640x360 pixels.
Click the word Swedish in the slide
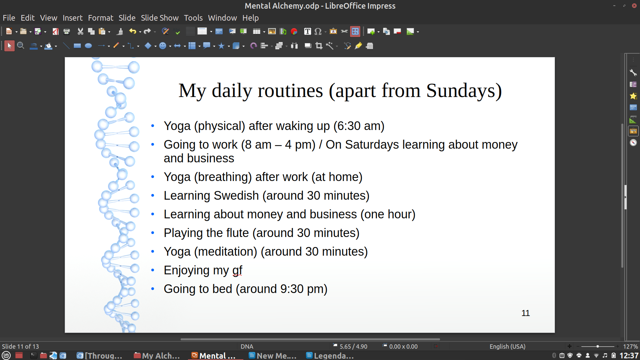pos(236,196)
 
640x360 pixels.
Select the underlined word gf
pos(237,271)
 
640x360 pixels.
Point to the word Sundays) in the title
pos(464,91)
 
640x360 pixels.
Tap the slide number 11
pos(526,313)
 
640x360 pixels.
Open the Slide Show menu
pos(160,18)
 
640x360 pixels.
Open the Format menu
pos(101,18)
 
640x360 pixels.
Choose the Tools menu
pos(193,18)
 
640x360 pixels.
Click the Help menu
pos(250,18)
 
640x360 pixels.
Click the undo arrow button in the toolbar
pos(133,31)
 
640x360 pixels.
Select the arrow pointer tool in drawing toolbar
pos(9,46)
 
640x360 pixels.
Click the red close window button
pos(634,6)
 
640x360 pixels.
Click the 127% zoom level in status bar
pos(630,347)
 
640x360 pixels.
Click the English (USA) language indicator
pos(507,347)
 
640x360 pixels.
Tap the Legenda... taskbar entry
pos(330,356)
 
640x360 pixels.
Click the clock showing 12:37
pos(629,356)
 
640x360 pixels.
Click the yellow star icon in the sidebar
pos(633,96)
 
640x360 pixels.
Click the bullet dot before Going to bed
pos(153,289)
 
